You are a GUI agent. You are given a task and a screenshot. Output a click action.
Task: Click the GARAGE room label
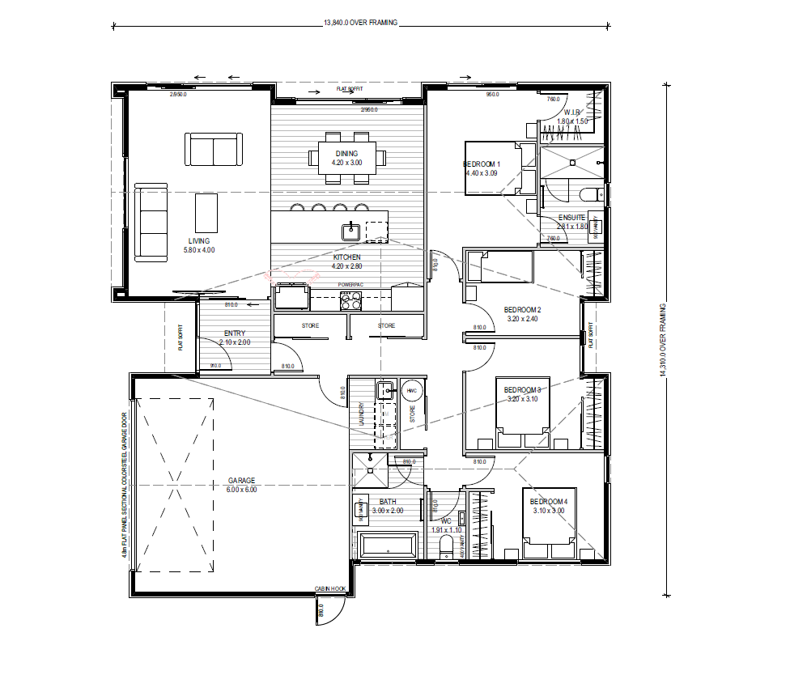241,481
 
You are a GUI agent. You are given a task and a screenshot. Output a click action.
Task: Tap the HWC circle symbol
412,391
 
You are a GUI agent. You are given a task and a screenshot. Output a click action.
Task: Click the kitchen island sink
350,231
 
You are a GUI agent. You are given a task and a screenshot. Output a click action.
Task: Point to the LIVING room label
199,241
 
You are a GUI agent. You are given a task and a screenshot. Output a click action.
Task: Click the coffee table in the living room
206,213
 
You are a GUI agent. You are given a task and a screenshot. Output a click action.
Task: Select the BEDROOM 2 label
522,310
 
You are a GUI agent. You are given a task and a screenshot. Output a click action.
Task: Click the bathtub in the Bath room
387,546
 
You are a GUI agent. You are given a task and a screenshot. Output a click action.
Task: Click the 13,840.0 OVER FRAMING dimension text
360,23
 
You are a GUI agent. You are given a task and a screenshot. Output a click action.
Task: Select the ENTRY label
235,333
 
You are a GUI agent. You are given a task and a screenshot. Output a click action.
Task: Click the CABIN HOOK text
330,588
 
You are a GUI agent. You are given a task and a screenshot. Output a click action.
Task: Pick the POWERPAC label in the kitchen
350,284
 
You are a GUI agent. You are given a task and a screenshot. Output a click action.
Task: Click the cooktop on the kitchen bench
350,300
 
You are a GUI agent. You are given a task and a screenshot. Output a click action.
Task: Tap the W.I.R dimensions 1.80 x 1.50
571,121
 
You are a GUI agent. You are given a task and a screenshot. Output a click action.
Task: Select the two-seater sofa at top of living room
214,150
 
